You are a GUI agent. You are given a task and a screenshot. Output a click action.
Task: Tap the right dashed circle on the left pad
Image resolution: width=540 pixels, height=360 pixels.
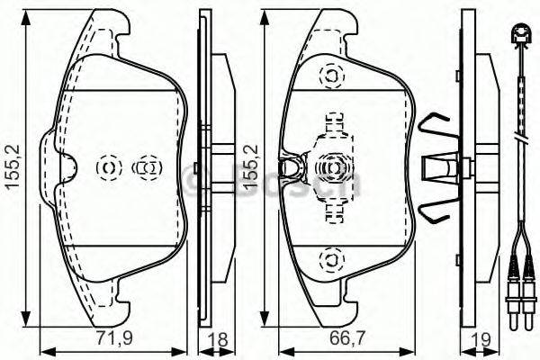click(x=146, y=166)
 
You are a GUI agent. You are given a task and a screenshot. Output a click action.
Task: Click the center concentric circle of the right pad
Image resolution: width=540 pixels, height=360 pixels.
click(x=331, y=166)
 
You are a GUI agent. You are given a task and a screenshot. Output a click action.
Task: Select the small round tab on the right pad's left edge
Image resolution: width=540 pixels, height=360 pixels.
click(x=291, y=166)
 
